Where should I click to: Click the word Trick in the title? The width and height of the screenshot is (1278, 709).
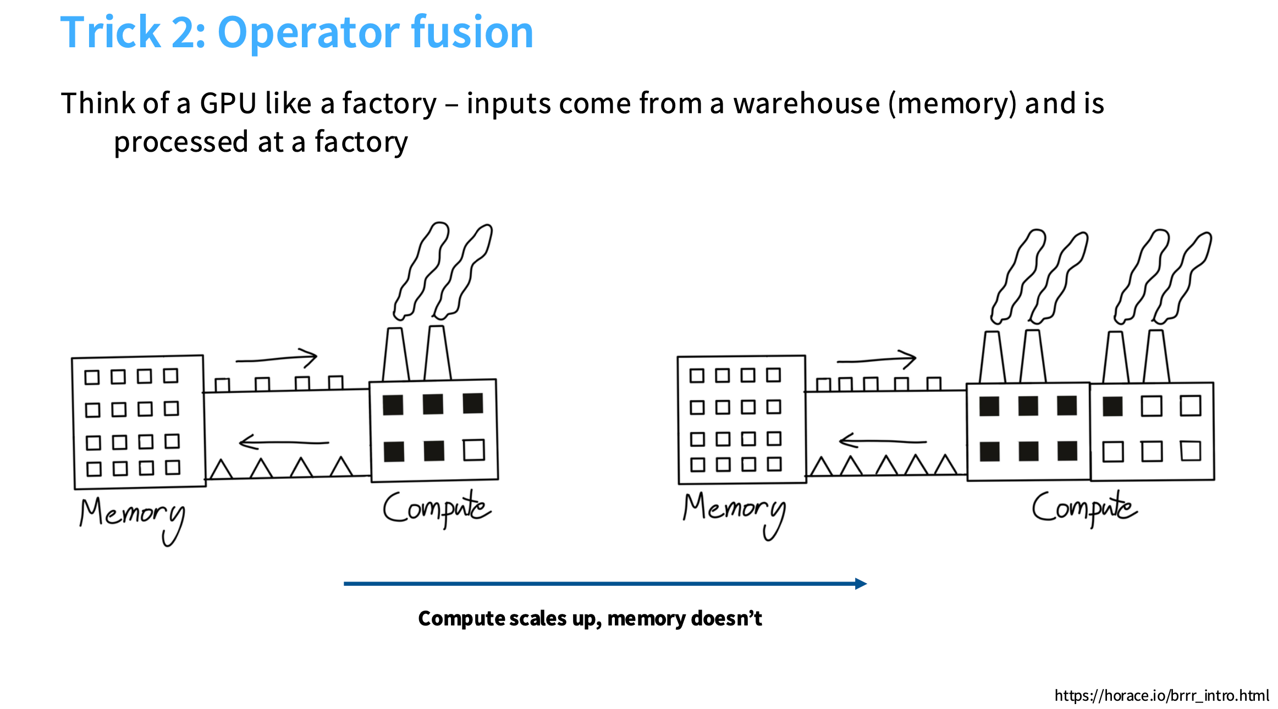[x=110, y=33]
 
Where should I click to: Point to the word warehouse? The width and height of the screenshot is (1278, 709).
[x=807, y=103]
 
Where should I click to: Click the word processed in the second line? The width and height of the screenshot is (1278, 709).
[x=181, y=142]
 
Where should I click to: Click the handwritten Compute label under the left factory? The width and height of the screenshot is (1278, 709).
[x=436, y=509]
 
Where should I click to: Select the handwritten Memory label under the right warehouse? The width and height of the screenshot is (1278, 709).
[x=734, y=511]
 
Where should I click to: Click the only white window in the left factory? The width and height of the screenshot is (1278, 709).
[x=473, y=450]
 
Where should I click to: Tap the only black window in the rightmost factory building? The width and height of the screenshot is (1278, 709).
[x=1112, y=406]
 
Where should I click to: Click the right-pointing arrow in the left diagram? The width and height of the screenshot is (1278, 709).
[x=277, y=358]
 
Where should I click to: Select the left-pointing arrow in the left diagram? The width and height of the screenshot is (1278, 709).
[x=283, y=442]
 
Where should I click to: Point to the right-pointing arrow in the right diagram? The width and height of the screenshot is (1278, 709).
[x=877, y=359]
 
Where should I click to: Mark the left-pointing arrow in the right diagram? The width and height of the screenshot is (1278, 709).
[x=882, y=441]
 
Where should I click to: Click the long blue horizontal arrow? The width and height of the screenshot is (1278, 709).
[x=605, y=584]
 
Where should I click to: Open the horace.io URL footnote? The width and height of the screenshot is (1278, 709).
[x=1161, y=696]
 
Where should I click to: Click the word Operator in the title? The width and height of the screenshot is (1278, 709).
[x=308, y=33]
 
